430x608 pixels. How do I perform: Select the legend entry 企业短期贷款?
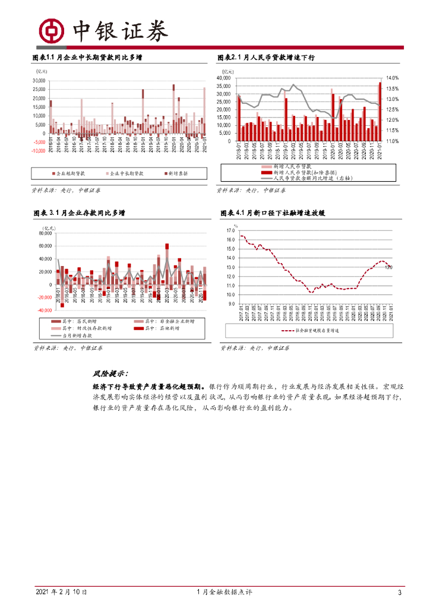(x=68, y=173)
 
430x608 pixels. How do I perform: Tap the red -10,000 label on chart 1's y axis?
(x=39, y=151)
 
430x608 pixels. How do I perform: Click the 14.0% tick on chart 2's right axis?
(x=392, y=78)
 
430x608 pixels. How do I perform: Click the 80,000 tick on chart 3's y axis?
(x=45, y=233)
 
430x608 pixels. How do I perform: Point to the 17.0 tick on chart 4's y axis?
(x=230, y=230)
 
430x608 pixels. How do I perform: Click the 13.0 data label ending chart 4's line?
(x=388, y=267)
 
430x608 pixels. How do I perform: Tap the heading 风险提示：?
(x=110, y=373)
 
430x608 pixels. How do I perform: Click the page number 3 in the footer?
(x=400, y=593)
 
